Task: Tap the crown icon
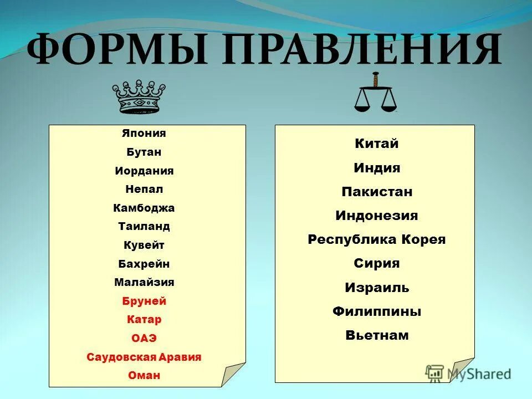[139, 96]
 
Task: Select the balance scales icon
[376, 94]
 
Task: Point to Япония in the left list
[144, 134]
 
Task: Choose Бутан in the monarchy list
[144, 152]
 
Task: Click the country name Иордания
[144, 171]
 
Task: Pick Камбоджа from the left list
[144, 208]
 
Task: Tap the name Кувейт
[144, 245]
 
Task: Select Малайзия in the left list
[144, 282]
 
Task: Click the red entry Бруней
[144, 301]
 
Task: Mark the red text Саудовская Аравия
[144, 357]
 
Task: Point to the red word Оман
[144, 375]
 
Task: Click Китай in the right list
[377, 144]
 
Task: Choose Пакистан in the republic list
[377, 192]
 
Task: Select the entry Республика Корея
[377, 240]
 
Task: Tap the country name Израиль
[377, 288]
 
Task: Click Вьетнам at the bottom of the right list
[377, 335]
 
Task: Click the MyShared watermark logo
[468, 374]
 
